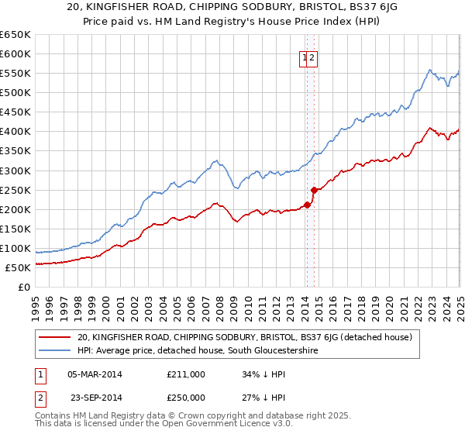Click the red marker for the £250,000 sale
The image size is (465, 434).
pos(314,189)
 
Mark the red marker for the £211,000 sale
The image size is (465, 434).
pos(306,205)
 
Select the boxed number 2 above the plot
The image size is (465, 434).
pos(312,57)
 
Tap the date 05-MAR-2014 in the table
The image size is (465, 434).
pos(95,374)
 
